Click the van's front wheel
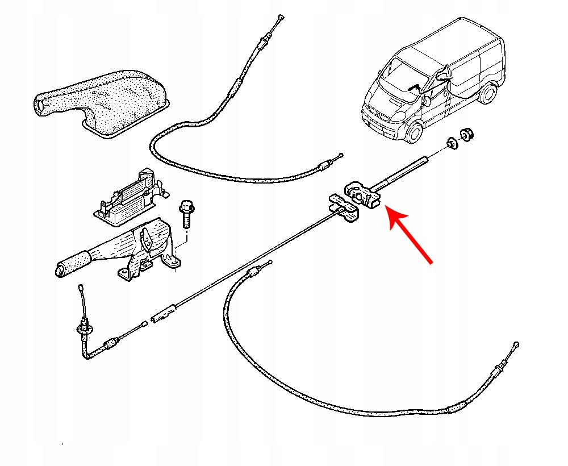(415, 132)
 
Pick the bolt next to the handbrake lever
(186, 213)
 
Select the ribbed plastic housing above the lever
(131, 193)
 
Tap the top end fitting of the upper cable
(278, 19)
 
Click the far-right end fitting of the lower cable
(516, 346)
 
